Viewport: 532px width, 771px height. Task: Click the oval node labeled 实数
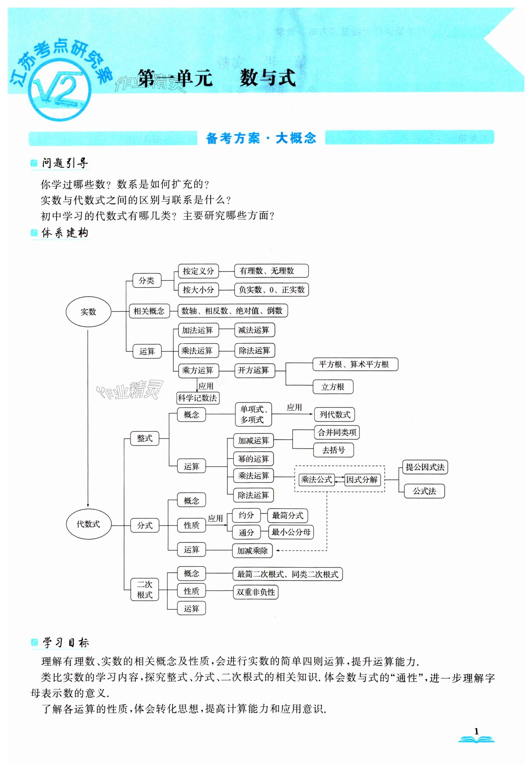coord(88,312)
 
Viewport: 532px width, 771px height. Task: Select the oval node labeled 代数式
coord(88,524)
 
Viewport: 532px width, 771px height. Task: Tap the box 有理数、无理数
coord(271,271)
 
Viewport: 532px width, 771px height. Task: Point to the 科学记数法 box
coord(198,398)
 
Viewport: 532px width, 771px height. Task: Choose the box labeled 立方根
coord(333,387)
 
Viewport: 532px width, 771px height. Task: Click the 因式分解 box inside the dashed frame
coord(362,480)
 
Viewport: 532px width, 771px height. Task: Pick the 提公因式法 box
coord(425,467)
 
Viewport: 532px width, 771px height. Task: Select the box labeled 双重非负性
coord(256,592)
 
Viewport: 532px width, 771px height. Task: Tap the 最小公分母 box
coord(291,532)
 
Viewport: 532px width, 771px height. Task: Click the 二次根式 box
coord(145,589)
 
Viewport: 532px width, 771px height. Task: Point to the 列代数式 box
coord(335,415)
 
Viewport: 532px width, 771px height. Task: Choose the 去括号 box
coord(333,450)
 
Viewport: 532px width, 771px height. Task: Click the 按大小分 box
coord(198,290)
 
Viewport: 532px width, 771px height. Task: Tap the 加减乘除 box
coord(252,551)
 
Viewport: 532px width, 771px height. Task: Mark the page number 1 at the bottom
coord(476,731)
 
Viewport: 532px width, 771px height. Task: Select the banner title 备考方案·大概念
coord(261,138)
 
